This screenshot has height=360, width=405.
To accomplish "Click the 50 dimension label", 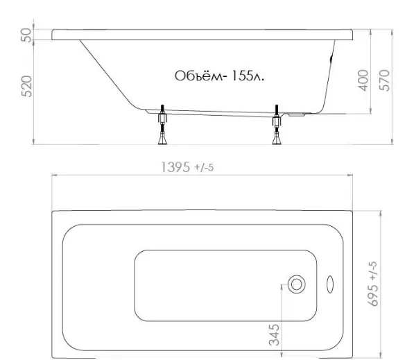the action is pos(26,35).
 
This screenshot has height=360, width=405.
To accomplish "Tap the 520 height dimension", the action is pos(26,86).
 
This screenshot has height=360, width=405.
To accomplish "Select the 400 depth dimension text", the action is pos(363,80).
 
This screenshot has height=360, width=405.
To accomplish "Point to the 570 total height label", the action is pos(384,80).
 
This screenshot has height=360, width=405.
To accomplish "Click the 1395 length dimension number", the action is pos(175,167).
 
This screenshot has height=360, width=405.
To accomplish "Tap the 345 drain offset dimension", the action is pos(274,335).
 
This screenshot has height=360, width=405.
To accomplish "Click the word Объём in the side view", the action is pos(199,76).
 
